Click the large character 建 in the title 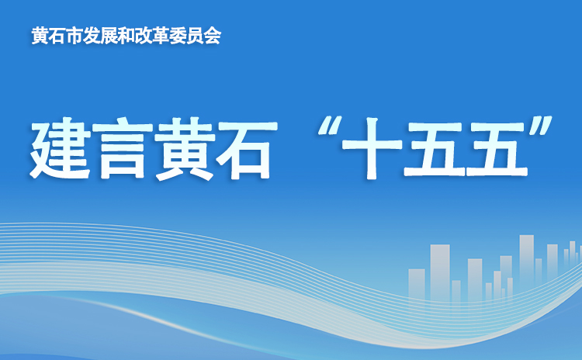click(59, 148)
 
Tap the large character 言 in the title click(123, 149)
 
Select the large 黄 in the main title click(185, 149)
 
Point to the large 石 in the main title click(247, 149)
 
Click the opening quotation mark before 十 click(329, 127)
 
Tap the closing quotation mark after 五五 click(540, 127)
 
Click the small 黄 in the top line click(40, 36)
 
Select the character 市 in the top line click(74, 36)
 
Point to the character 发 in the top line click(92, 36)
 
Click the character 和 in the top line click(126, 36)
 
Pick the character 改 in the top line click(144, 36)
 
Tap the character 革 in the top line click(161, 36)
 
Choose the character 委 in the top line click(178, 36)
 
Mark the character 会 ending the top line click(213, 36)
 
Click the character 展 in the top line click(109, 36)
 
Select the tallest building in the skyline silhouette click(526, 260)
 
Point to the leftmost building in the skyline click(417, 283)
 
